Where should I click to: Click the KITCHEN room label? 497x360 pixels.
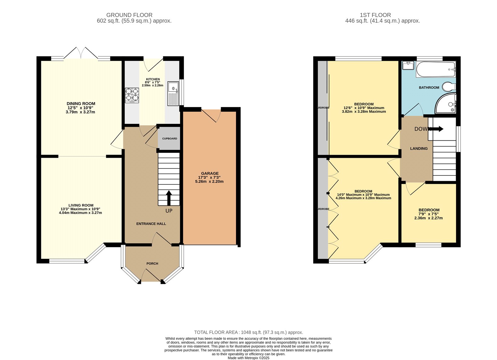(153, 79)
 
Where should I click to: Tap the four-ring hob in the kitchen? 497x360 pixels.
(132, 95)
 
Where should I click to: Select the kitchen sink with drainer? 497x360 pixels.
(173, 93)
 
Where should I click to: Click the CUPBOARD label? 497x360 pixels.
(170, 139)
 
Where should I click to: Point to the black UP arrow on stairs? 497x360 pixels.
(169, 198)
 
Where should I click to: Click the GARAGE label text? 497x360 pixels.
(210, 173)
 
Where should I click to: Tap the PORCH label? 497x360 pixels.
(152, 263)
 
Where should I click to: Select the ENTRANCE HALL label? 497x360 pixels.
(151, 224)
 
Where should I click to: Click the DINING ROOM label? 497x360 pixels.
(81, 103)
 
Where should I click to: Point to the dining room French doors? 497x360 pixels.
(81, 53)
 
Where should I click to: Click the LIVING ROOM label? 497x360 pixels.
(81, 205)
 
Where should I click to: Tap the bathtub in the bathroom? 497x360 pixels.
(435, 69)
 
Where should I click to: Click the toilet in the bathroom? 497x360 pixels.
(449, 86)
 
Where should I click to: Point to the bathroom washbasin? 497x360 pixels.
(408, 65)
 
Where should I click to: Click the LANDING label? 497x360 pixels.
(419, 148)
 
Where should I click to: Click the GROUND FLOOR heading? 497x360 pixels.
(129, 15)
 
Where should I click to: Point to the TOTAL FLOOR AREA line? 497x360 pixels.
(248, 332)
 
